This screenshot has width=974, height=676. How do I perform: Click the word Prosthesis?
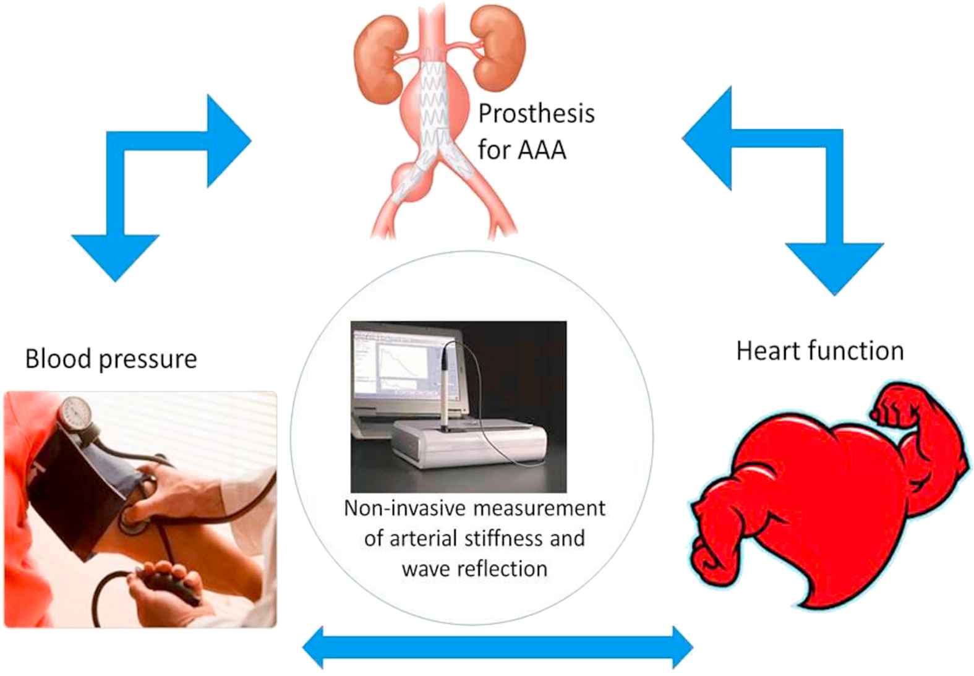pyautogui.click(x=536, y=114)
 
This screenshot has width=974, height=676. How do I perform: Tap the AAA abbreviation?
pyautogui.click(x=542, y=150)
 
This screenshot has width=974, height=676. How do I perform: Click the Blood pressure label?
pyautogui.click(x=111, y=359)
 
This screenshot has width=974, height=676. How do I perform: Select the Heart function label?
pyautogui.click(x=819, y=351)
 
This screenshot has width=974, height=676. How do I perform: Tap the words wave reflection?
pyautogui.click(x=474, y=568)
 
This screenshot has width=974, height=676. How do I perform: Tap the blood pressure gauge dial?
pyautogui.click(x=75, y=410)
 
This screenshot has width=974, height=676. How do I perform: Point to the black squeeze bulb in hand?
pyautogui.click(x=176, y=587)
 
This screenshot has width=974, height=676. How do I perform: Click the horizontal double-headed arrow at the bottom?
pyautogui.click(x=498, y=648)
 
